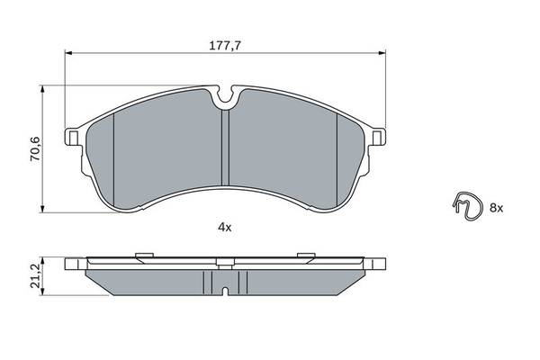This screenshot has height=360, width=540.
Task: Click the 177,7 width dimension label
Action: (225, 46)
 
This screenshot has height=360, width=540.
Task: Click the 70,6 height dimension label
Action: (35, 148)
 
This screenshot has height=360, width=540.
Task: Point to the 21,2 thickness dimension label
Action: (35, 276)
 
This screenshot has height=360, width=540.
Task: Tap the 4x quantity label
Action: (225, 227)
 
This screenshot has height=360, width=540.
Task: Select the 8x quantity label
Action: (496, 208)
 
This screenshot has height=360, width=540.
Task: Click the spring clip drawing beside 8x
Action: (468, 205)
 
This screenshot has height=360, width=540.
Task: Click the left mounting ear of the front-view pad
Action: (72, 137)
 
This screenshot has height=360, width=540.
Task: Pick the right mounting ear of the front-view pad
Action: (378, 137)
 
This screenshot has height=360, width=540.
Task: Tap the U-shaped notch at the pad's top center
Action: (226, 95)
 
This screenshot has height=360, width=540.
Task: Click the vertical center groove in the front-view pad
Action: (225, 148)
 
